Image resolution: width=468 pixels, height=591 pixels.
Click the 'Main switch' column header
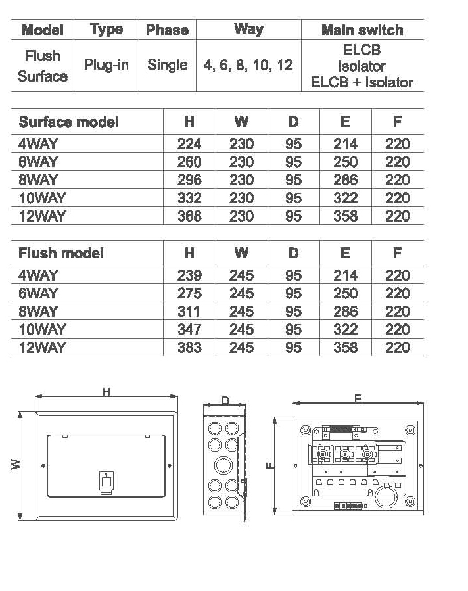[362, 30]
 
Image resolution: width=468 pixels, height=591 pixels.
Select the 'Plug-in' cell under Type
[106, 65]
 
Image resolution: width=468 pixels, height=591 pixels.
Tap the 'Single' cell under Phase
[168, 65]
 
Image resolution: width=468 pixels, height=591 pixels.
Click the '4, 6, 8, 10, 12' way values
[248, 65]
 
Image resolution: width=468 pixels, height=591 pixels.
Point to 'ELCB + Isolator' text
[362, 83]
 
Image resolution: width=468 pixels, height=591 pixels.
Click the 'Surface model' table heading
[68, 122]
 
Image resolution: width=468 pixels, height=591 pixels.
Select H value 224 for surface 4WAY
[189, 143]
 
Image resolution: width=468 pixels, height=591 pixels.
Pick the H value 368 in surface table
[189, 216]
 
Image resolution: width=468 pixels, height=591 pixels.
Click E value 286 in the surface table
[345, 179]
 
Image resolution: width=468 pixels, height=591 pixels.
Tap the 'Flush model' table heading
[61, 253]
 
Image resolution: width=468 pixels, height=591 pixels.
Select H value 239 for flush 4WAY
[189, 275]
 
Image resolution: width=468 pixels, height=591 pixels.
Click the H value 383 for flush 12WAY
[189, 348]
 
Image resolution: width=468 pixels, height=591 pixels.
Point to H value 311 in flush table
[189, 312]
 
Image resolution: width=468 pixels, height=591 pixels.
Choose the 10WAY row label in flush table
[42, 329]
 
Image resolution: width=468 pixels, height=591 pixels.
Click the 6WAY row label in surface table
[38, 162]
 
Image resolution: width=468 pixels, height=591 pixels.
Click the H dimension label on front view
[106, 392]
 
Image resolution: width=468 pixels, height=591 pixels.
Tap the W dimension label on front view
[16, 464]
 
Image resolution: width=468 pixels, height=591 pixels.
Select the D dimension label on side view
[225, 400]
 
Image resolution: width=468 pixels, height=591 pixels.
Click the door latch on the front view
[106, 483]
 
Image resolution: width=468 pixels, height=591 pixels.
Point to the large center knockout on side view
[223, 465]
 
